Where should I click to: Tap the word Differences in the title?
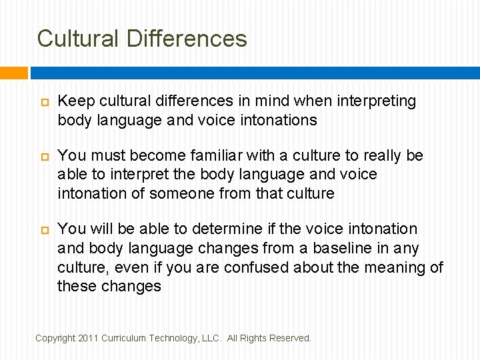186,38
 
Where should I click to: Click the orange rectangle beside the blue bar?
13,73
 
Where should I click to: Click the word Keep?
75,101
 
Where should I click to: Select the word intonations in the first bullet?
278,120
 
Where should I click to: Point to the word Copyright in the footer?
55,338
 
